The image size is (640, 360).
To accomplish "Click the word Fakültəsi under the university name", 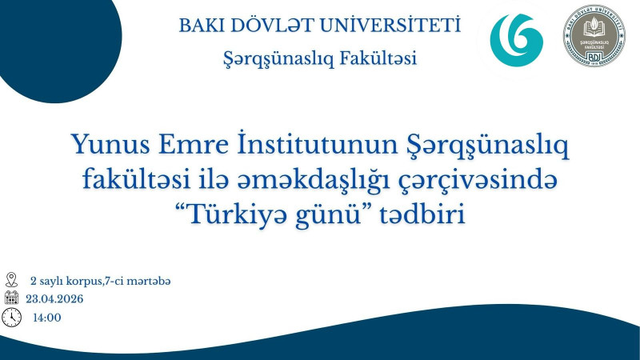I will click(x=375, y=58).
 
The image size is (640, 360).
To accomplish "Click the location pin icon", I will click(x=11, y=280).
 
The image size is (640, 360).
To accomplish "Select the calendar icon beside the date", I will click(x=11, y=298).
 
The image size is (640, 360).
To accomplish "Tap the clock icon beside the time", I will click(x=11, y=318).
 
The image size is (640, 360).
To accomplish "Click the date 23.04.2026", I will click(x=54, y=299).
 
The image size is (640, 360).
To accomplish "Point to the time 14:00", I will click(x=46, y=318).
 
